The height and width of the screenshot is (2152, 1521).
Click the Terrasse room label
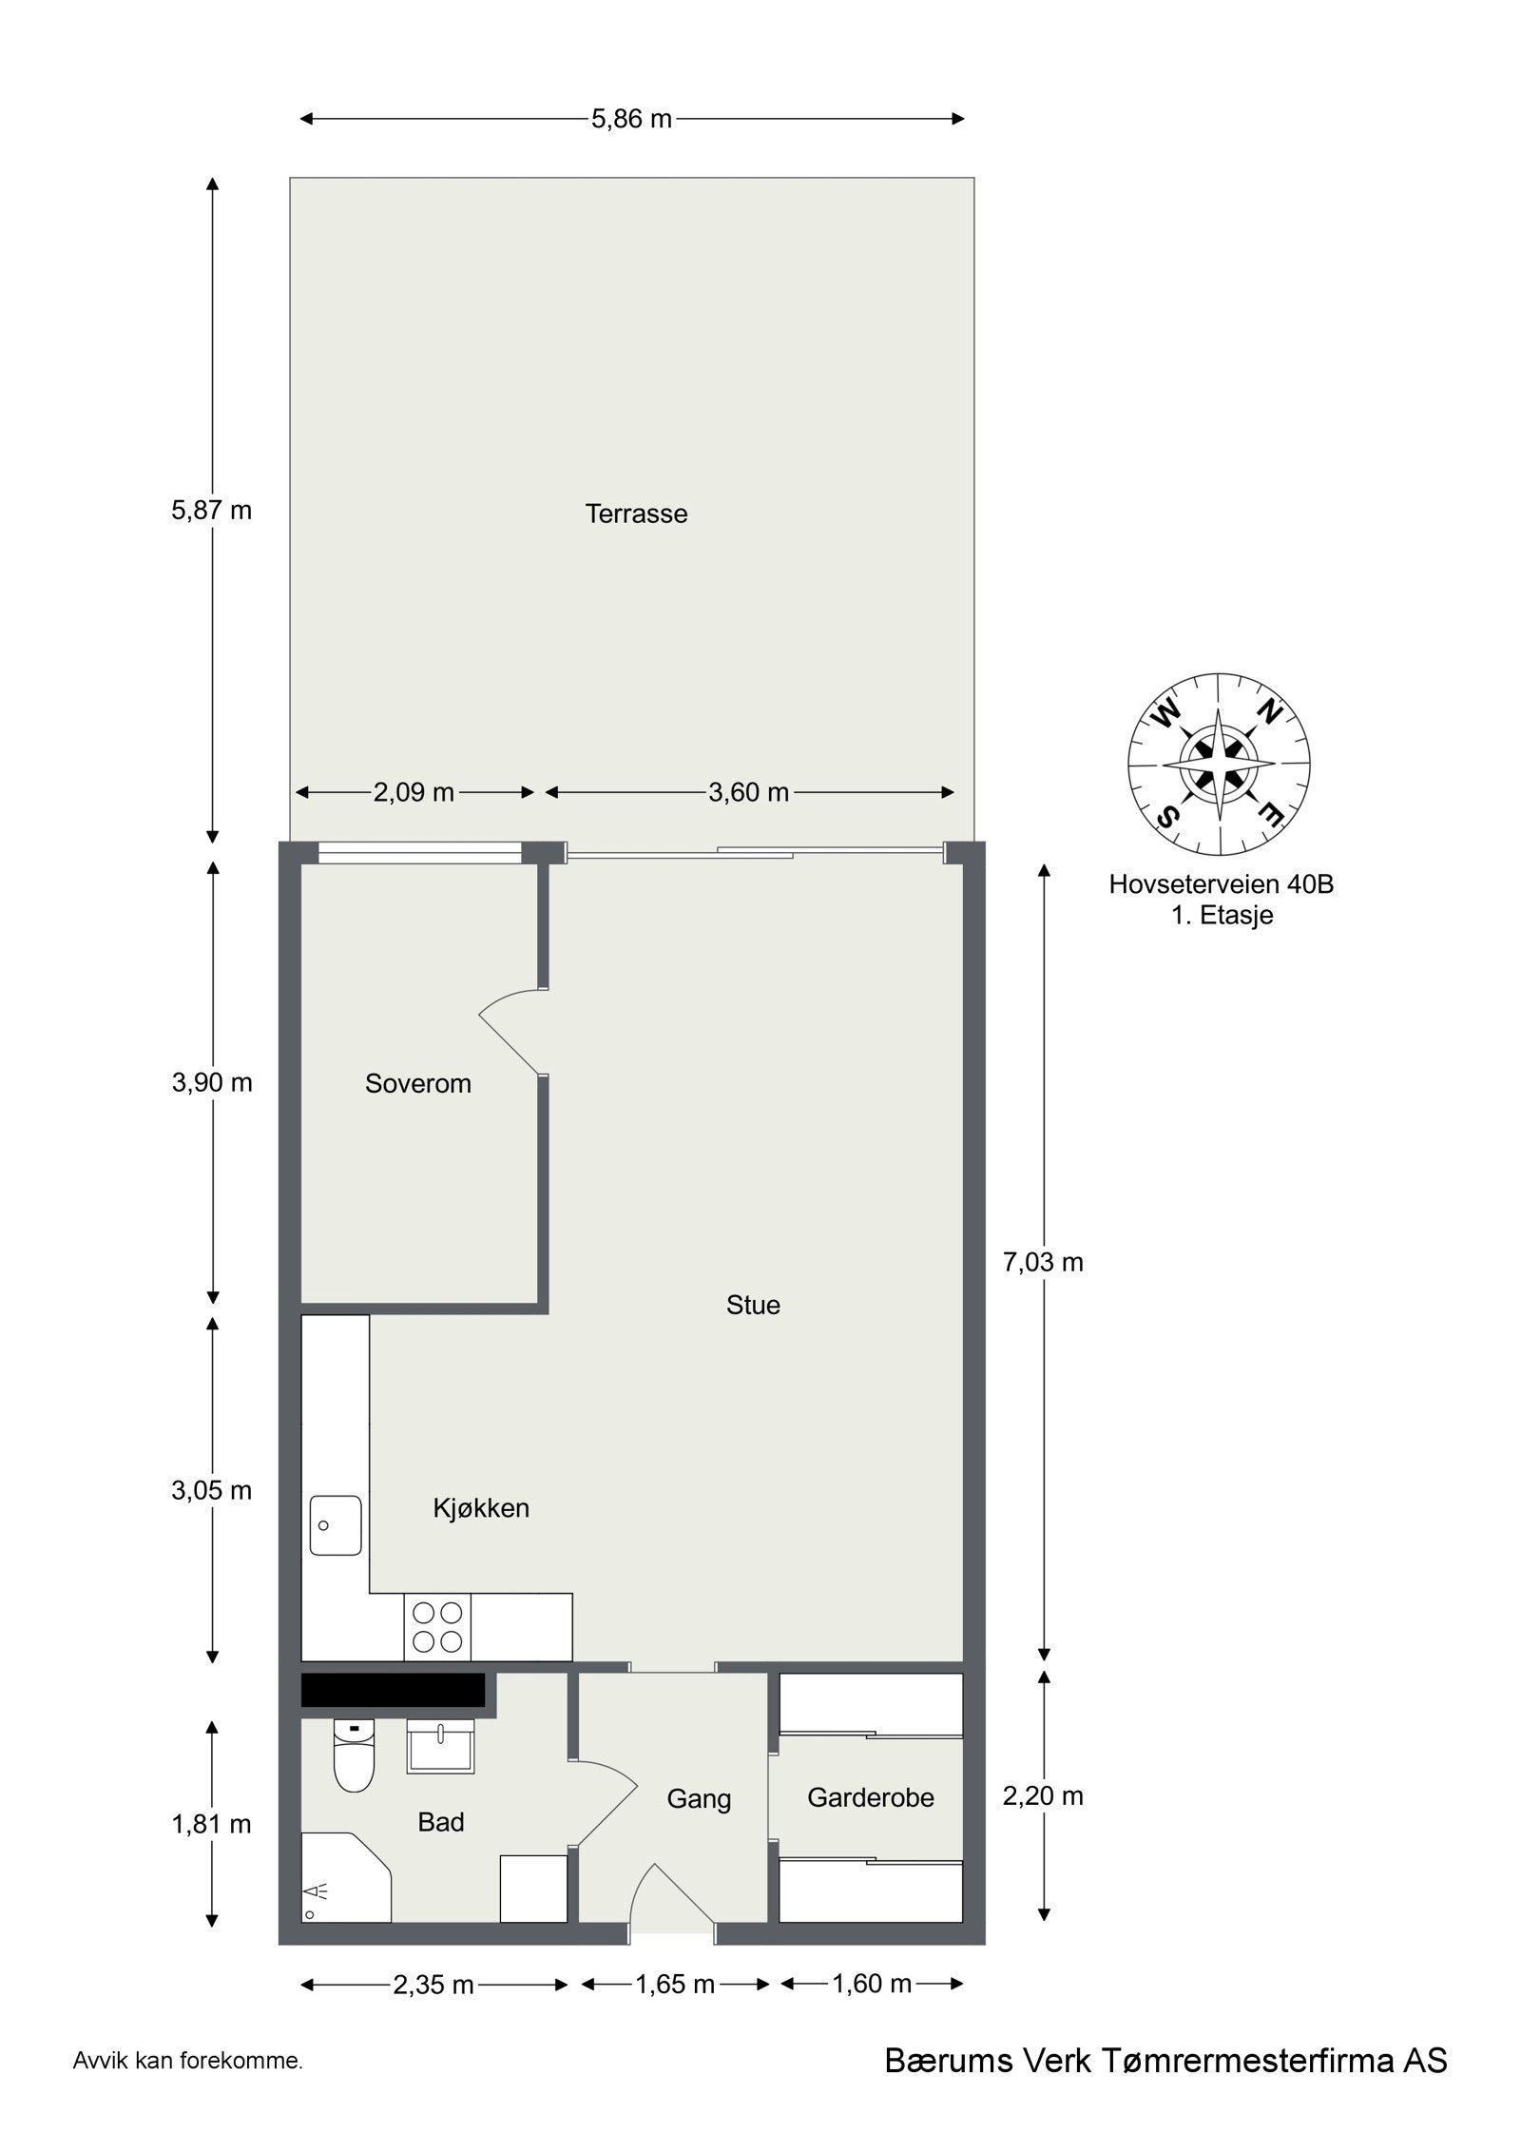pyautogui.click(x=636, y=514)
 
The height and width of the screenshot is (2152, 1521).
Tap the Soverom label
pyautogui.click(x=418, y=1083)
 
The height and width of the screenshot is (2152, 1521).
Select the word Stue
pyautogui.click(x=753, y=1305)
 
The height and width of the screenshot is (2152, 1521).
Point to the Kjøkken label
pyautogui.click(x=481, y=1507)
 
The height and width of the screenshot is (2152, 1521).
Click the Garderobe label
pyautogui.click(x=870, y=1797)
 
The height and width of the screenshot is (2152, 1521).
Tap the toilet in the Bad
pyautogui.click(x=354, y=1757)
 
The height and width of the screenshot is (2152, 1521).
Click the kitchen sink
pyautogui.click(x=335, y=1525)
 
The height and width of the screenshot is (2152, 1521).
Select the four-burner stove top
pyautogui.click(x=438, y=1627)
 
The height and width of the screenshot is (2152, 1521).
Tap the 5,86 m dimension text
pyautogui.click(x=631, y=119)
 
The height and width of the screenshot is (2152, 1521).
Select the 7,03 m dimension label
pyautogui.click(x=1043, y=1262)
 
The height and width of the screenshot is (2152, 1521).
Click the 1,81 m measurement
pyautogui.click(x=212, y=1824)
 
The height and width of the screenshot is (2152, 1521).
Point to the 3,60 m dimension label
pyautogui.click(x=748, y=792)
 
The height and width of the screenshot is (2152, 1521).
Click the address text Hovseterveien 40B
pyautogui.click(x=1221, y=884)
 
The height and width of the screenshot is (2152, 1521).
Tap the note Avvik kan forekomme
pyautogui.click(x=187, y=2088)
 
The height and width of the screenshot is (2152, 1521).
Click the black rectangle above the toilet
pyautogui.click(x=393, y=1690)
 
